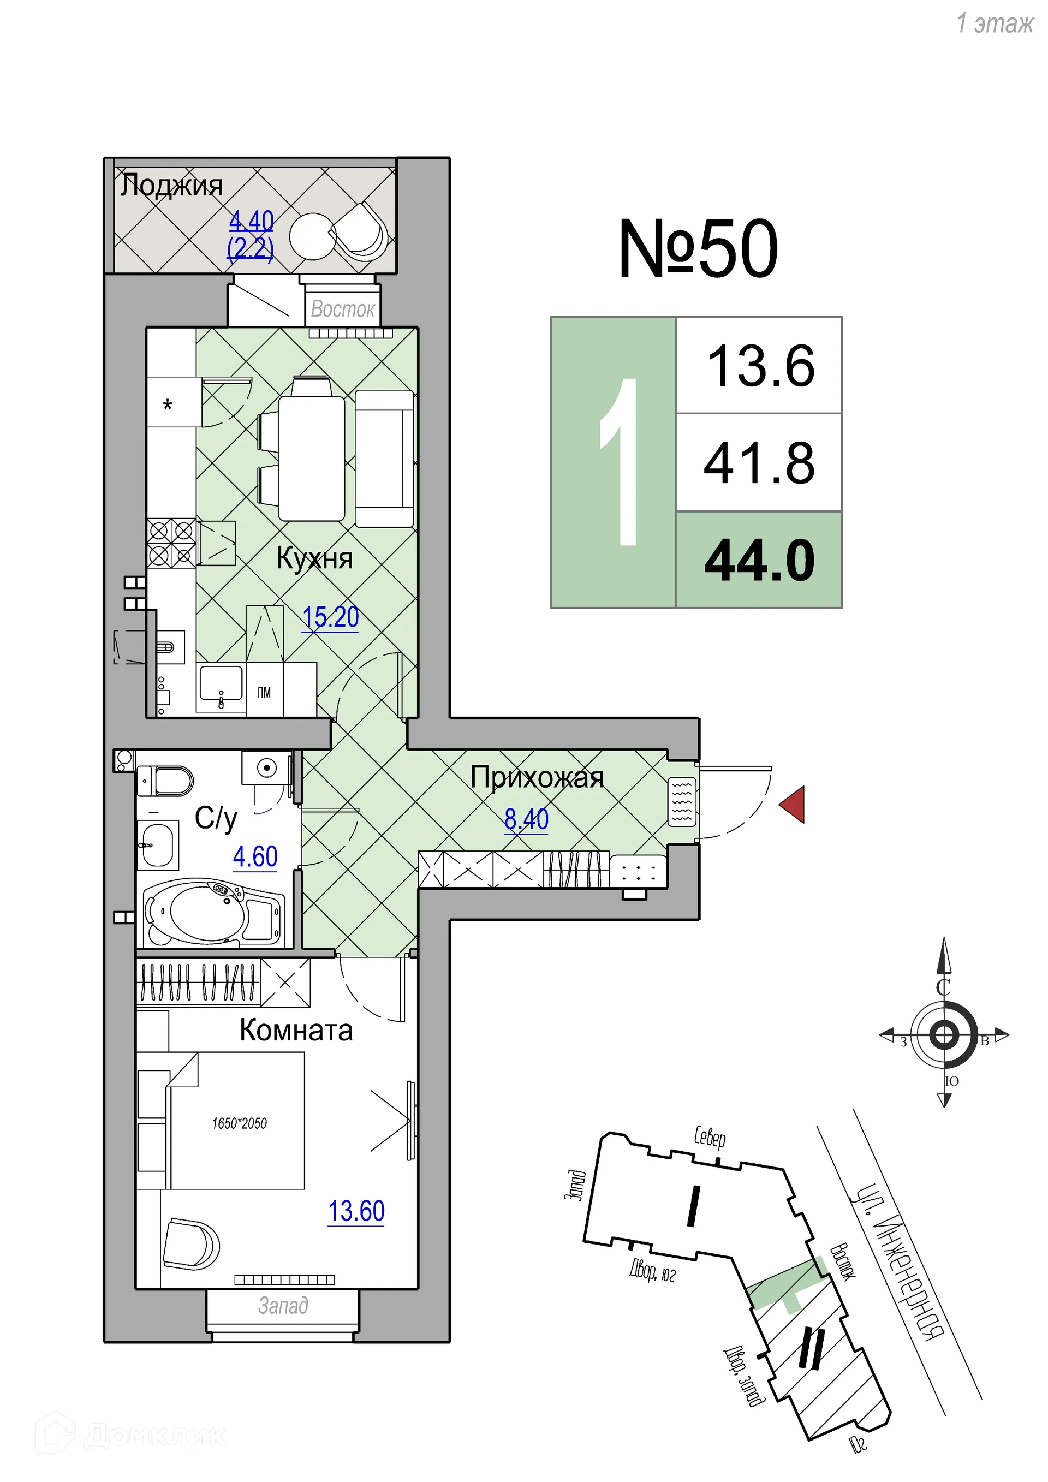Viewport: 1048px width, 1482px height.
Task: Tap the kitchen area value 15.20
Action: [x=330, y=617]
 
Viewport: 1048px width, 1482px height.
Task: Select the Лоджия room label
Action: [x=171, y=186]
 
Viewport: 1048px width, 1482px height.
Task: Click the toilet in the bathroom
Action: [x=166, y=782]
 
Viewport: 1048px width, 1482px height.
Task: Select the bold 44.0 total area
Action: [x=760, y=560]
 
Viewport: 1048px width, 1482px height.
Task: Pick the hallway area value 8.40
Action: [x=526, y=819]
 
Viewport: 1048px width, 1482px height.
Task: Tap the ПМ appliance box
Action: [x=265, y=693]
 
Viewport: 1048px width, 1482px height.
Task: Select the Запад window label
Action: [x=283, y=1305]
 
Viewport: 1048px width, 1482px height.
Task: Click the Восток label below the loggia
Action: [x=342, y=309]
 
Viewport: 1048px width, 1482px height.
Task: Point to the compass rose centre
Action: [x=943, y=1035]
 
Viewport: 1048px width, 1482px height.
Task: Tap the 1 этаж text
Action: [x=994, y=23]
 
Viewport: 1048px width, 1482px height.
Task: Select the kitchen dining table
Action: [x=311, y=459]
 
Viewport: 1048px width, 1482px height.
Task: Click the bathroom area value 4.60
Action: [x=255, y=856]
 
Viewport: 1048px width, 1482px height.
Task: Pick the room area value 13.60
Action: [x=356, y=1211]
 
